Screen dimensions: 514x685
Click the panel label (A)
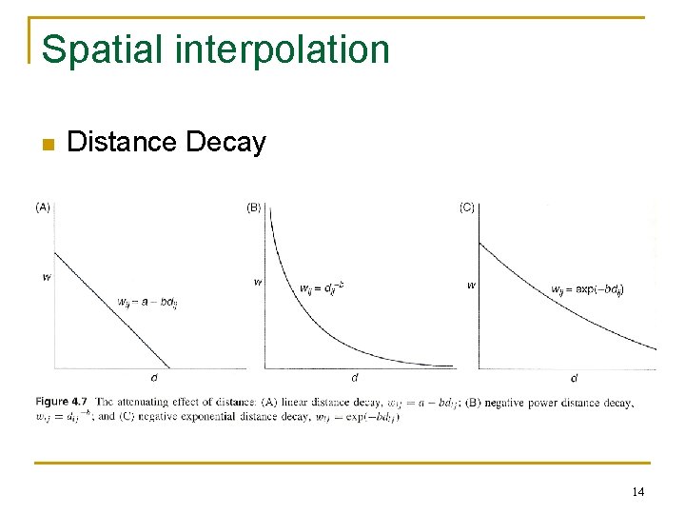tap(43, 207)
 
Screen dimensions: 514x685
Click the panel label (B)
tap(254, 207)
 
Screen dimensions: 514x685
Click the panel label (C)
tap(467, 207)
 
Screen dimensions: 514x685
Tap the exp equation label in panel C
tap(587, 288)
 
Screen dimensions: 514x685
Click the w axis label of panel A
tap(47, 278)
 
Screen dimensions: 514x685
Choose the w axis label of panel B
tap(258, 282)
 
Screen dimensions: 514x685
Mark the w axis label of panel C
tap(471, 285)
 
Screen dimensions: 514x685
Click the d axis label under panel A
tap(154, 377)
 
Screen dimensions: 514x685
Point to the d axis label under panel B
tap(355, 377)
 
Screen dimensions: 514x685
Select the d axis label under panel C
tap(574, 378)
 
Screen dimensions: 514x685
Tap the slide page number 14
tap(637, 492)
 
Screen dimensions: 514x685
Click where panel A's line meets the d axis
tap(169, 367)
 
